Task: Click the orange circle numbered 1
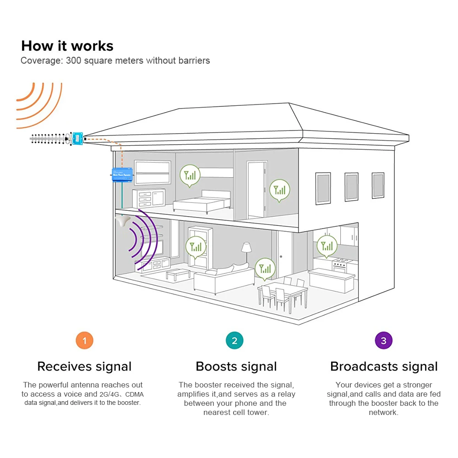click(x=84, y=341)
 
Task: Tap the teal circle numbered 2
click(x=234, y=341)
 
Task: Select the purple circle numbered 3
click(x=384, y=341)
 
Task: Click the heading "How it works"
click(x=67, y=46)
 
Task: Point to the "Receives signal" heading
click(x=84, y=366)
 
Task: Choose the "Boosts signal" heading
click(x=236, y=366)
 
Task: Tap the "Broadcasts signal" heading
click(x=384, y=366)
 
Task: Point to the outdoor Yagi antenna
click(x=48, y=138)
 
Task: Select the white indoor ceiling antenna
click(x=122, y=222)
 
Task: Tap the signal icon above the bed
click(x=190, y=174)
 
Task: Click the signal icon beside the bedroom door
click(x=279, y=190)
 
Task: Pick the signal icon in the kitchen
click(x=327, y=245)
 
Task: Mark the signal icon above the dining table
click(x=265, y=268)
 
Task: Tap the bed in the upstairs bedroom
click(x=202, y=201)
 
